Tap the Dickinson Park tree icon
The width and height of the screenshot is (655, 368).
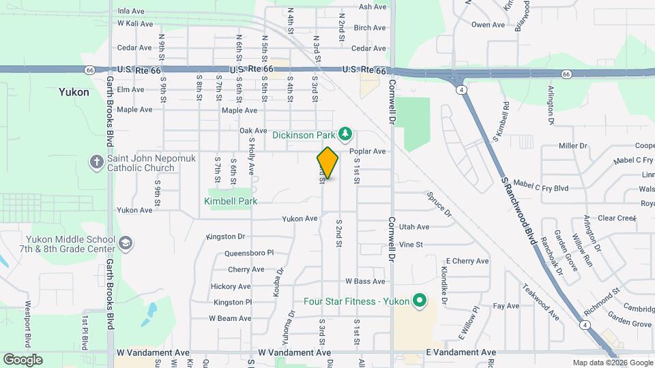pyautogui.click(x=346, y=133)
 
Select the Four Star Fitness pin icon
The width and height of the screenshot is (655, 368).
pyautogui.click(x=420, y=301)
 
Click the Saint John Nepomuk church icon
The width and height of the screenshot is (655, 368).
pyautogui.click(x=96, y=162)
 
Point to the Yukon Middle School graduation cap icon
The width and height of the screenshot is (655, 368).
pyautogui.click(x=126, y=243)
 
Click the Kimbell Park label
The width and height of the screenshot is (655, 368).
pyautogui.click(x=231, y=201)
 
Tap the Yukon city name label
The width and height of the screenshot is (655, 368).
pyautogui.click(x=74, y=92)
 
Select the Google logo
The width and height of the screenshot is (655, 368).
pyautogui.click(x=23, y=359)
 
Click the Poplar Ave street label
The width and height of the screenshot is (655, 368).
pyautogui.click(x=368, y=151)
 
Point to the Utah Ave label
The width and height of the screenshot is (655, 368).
pyautogui.click(x=414, y=227)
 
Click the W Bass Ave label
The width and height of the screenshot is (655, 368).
pyautogui.click(x=365, y=281)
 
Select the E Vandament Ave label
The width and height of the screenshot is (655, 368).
pyautogui.click(x=461, y=352)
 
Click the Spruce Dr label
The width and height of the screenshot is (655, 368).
pyautogui.click(x=439, y=204)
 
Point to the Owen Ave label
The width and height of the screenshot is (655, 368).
pyautogui.click(x=488, y=25)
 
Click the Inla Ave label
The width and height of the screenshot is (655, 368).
pyautogui.click(x=131, y=12)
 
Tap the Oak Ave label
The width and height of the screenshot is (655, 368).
pyautogui.click(x=253, y=131)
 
